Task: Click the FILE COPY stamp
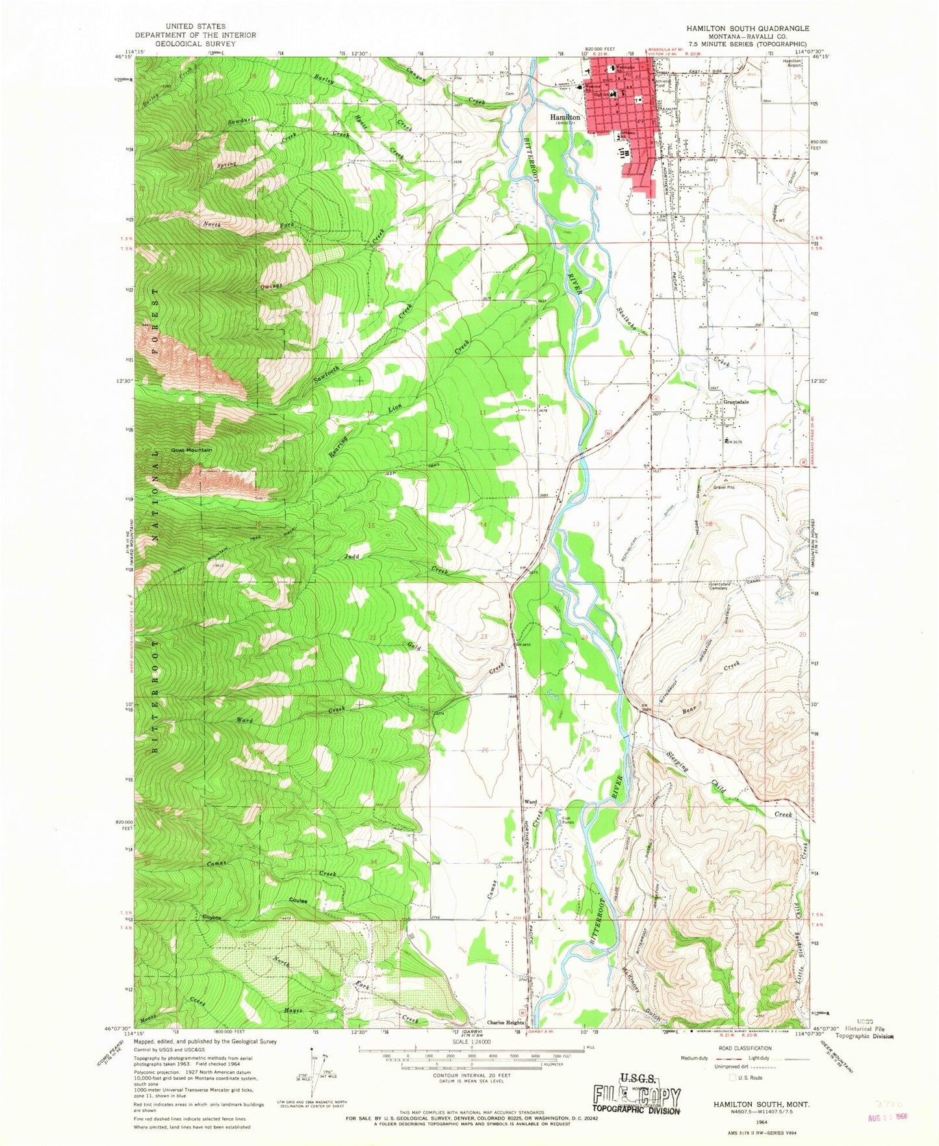click(636, 1098)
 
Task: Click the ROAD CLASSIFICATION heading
click(745, 1048)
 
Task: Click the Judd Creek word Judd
click(352, 556)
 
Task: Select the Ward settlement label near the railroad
click(530, 802)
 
